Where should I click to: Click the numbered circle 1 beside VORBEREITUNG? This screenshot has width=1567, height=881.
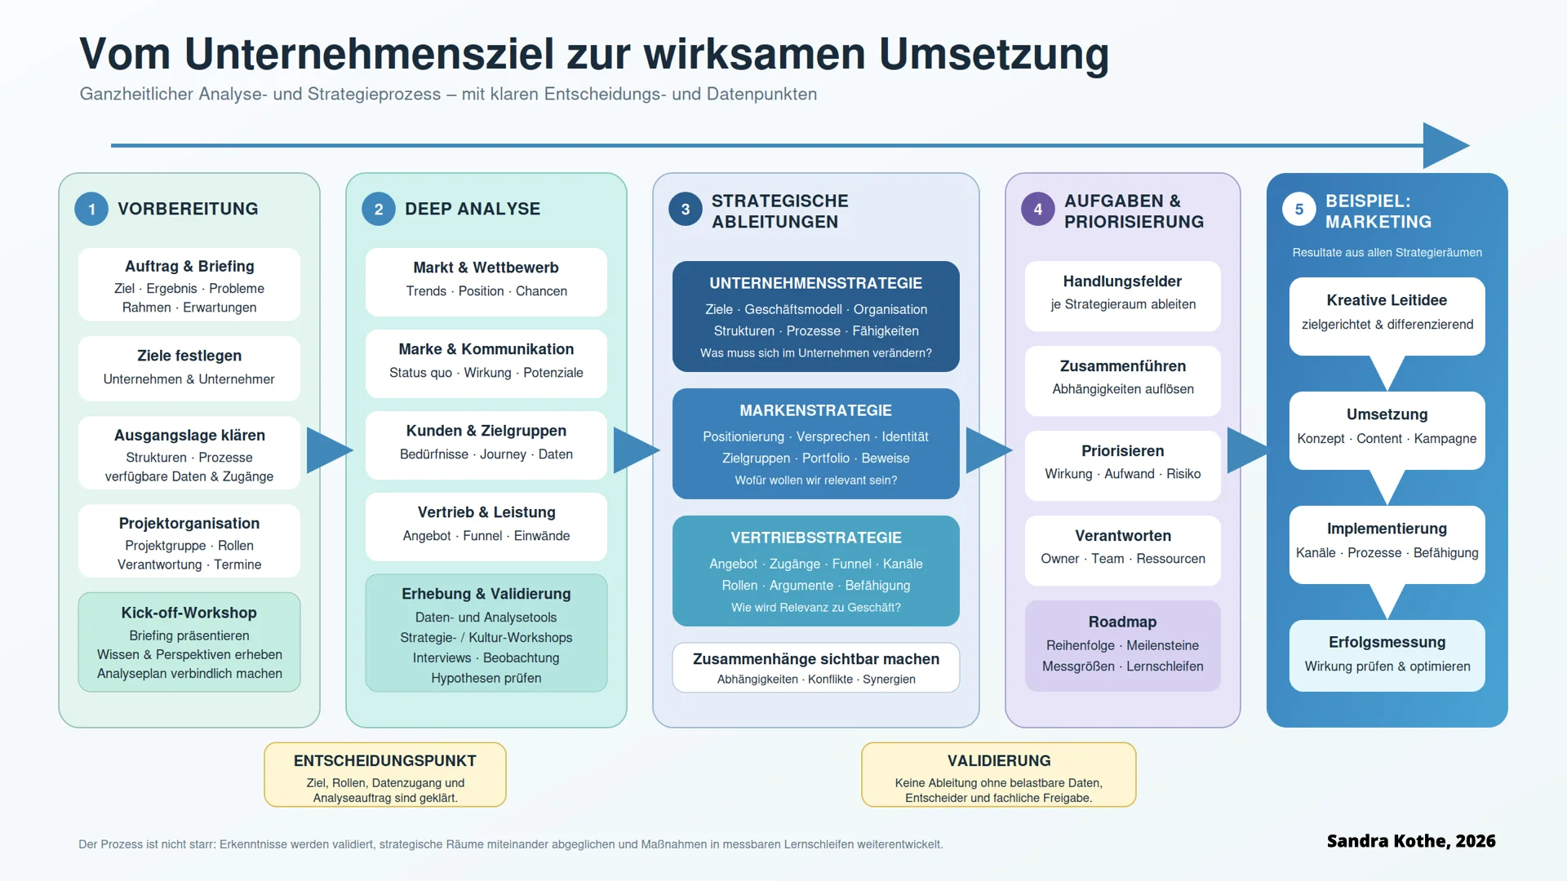coord(91,209)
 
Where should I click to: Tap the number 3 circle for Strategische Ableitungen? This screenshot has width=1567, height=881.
coord(686,209)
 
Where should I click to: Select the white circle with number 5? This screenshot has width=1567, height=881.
coord(1299,209)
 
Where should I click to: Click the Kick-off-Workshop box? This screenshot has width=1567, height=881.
coord(189,642)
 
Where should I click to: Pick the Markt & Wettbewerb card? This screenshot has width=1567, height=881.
coord(486,282)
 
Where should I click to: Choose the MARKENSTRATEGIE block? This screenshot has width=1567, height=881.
coord(816,444)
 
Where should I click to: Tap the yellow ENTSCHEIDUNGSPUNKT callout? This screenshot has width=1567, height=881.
coord(385,774)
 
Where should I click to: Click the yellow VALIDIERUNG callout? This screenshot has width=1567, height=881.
coord(999,774)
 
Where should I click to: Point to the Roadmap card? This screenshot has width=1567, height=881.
coord(1123,646)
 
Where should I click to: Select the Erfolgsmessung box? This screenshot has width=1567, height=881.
coord(1387,656)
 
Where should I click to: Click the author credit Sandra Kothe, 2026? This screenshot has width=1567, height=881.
coord(1411,841)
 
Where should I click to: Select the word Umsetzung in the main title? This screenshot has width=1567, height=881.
coord(994,54)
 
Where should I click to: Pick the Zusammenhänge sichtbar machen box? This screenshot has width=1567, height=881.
coord(816,667)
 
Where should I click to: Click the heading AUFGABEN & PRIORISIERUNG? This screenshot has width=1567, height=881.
coord(1134,211)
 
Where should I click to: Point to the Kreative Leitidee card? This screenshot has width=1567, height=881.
coord(1387,317)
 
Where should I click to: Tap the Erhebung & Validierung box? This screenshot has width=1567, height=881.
coord(486,633)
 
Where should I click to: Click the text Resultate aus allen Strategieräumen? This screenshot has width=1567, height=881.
coord(1387,253)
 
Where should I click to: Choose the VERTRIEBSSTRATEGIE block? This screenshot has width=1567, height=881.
coord(816,571)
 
